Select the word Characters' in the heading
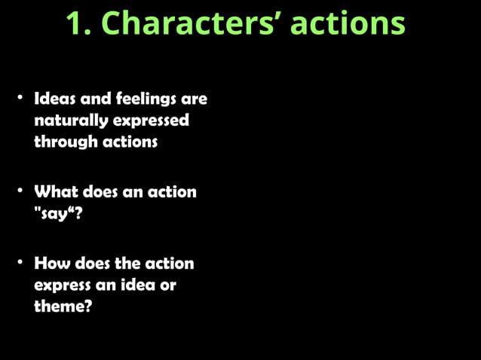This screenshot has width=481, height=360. click(x=191, y=24)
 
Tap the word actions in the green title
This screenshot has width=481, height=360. click(x=348, y=24)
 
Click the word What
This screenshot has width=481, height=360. click(x=57, y=191)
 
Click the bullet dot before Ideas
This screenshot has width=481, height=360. click(x=22, y=98)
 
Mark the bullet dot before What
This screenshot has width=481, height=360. click(x=22, y=191)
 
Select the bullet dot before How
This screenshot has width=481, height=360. click(x=22, y=263)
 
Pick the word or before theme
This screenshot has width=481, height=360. click(x=167, y=285)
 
